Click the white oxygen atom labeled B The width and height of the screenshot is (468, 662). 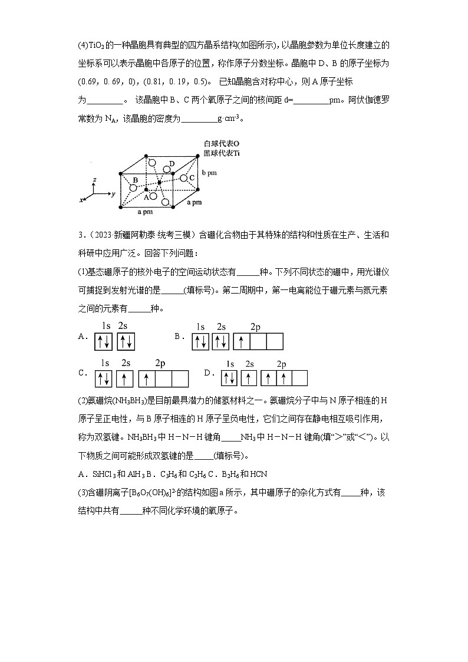click(134, 188)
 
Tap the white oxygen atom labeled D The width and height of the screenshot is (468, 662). click(167, 170)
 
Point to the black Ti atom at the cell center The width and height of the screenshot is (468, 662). click(159, 183)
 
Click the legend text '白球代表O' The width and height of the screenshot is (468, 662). click(222, 144)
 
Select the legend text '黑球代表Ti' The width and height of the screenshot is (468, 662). click(222, 153)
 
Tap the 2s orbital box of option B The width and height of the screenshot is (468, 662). click(221, 341)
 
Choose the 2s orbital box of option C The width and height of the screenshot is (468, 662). click(124, 378)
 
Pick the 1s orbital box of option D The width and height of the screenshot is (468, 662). click(229, 378)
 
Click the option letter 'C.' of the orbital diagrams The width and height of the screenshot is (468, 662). click(83, 373)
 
